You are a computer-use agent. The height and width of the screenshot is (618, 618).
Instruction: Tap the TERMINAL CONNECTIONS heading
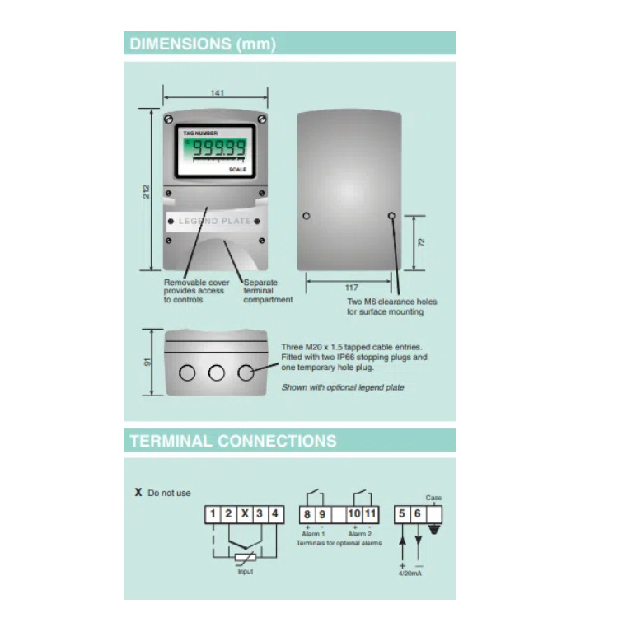[233, 441]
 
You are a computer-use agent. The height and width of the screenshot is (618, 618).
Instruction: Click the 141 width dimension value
[217, 93]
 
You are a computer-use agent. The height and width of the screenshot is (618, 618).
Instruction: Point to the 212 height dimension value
[146, 192]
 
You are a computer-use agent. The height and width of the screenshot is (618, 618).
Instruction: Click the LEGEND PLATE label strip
[215, 222]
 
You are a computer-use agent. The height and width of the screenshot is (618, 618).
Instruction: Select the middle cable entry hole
[216, 372]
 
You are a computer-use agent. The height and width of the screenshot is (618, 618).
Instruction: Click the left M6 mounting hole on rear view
[307, 215]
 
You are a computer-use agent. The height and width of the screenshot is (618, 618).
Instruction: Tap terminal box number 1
[213, 514]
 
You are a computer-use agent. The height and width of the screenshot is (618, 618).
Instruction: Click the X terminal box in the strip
[244, 514]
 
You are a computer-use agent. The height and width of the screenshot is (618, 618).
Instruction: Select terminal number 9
[322, 514]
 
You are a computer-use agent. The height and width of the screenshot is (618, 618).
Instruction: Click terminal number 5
[402, 514]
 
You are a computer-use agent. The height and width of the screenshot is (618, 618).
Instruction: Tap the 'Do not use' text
[169, 493]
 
